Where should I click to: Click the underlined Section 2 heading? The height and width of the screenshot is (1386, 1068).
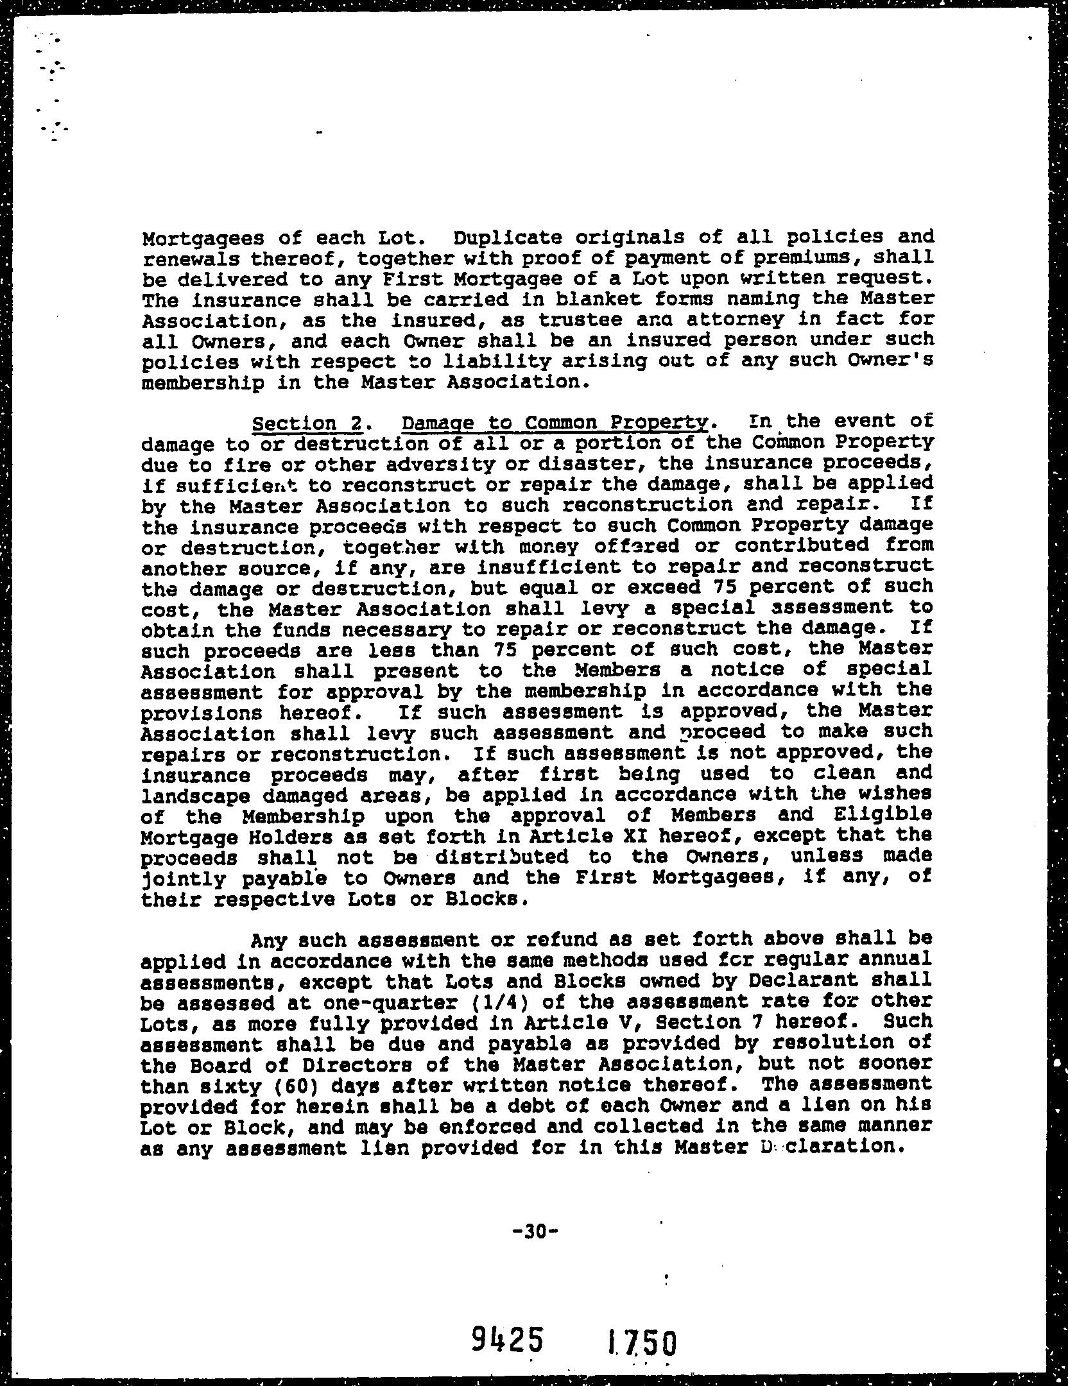[309, 424]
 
